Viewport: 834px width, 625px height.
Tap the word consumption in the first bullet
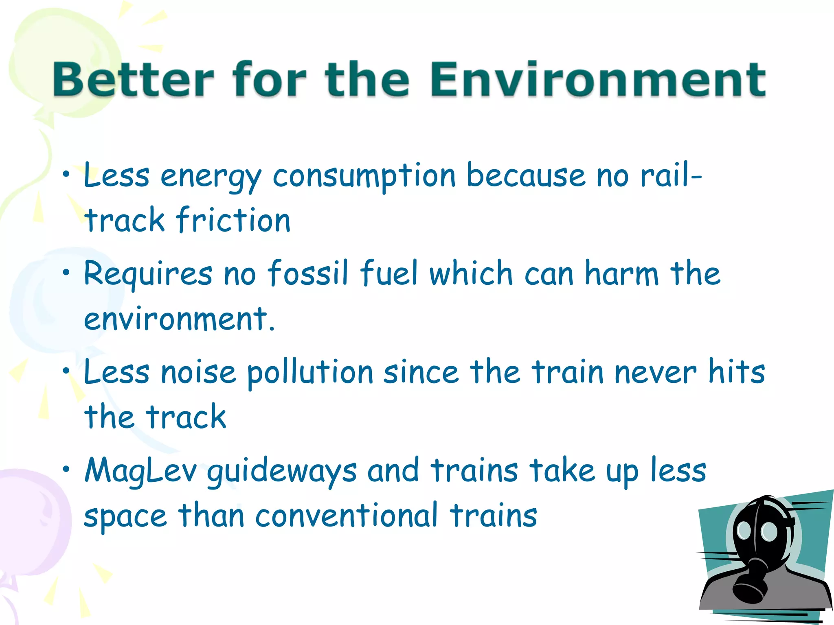(x=364, y=176)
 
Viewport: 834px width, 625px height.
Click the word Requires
(x=148, y=273)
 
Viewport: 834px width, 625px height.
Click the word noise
(x=198, y=372)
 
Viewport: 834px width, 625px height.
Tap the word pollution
(x=310, y=372)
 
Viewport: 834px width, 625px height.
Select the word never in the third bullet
(x=655, y=372)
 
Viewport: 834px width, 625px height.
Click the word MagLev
(x=140, y=471)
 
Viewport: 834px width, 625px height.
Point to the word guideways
(x=282, y=472)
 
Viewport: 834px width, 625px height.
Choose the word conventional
(x=347, y=516)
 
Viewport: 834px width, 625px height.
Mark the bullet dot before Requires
(x=66, y=273)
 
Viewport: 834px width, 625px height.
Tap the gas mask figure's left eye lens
(x=744, y=530)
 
